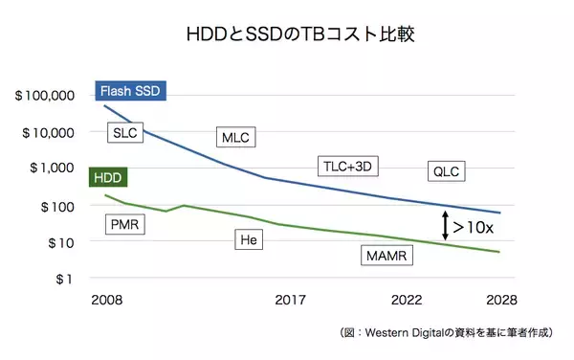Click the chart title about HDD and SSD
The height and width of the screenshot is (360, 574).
287,34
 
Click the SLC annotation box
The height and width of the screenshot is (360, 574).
125,132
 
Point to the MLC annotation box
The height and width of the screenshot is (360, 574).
235,138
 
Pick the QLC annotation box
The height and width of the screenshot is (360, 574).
446,171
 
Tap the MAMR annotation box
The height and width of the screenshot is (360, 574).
386,256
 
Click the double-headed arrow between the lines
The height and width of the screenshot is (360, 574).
444,227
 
